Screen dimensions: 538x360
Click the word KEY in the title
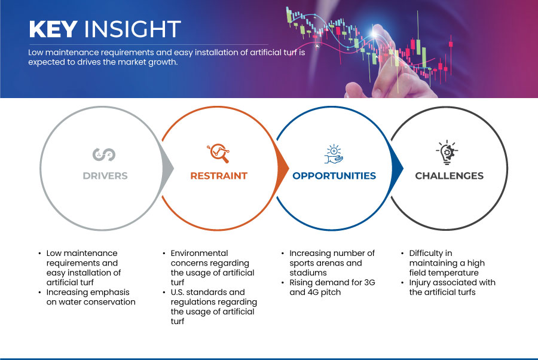click(x=53, y=29)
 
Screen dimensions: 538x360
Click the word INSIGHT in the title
click(x=133, y=29)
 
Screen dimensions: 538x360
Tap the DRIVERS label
click(x=105, y=176)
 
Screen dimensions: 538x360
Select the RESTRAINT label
click(x=219, y=176)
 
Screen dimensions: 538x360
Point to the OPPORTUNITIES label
click(x=334, y=176)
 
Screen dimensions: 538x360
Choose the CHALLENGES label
click(x=449, y=176)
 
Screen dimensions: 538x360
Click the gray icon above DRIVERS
click(x=104, y=154)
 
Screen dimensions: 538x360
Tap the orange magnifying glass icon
click(x=218, y=153)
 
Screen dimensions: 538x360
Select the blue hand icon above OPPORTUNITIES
click(x=334, y=154)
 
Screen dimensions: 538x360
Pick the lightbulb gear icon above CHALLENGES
click(x=447, y=152)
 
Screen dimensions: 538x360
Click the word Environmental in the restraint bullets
click(x=199, y=254)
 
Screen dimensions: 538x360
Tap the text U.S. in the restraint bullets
click(x=177, y=292)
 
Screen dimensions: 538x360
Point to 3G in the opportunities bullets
click(x=369, y=282)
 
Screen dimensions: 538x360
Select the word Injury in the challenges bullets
click(x=419, y=283)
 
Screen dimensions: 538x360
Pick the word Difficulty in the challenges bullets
click(x=426, y=254)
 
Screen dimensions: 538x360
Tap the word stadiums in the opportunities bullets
click(x=308, y=273)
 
